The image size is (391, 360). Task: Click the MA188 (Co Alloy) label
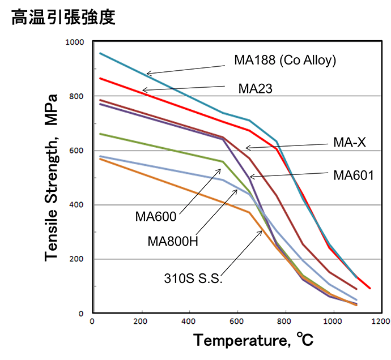click(x=285, y=61)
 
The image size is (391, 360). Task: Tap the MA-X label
click(x=349, y=143)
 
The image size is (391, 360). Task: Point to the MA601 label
click(x=353, y=175)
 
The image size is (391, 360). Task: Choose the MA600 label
click(x=156, y=216)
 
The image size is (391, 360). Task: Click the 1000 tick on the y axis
click(x=74, y=42)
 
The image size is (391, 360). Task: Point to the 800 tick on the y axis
click(x=76, y=96)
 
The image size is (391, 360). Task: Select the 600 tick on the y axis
click(x=76, y=151)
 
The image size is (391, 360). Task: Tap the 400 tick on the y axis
click(x=76, y=205)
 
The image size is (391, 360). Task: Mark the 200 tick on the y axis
click(x=76, y=259)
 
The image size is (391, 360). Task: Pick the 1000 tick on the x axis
click(x=333, y=323)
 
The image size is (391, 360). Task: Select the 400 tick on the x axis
click(x=189, y=323)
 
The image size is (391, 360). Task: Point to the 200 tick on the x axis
click(x=141, y=323)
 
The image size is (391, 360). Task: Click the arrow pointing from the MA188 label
click(x=187, y=67)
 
